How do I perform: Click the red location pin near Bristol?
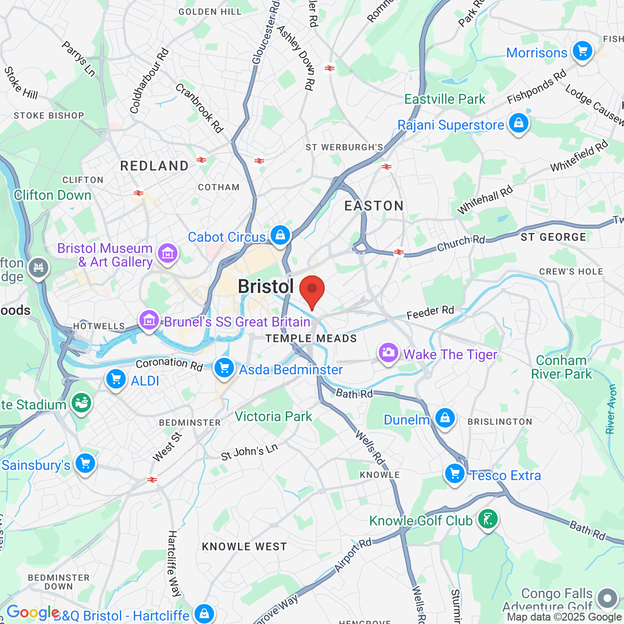pos(312,290)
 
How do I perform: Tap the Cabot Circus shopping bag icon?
pos(280,235)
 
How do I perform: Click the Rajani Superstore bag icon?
pos(519,123)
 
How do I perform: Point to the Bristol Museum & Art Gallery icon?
pos(168,253)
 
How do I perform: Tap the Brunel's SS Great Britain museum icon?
pos(149,320)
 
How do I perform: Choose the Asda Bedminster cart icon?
pos(224,368)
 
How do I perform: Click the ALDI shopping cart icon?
pos(116,379)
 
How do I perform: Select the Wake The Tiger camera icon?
pos(388,352)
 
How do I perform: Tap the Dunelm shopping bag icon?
pos(445,418)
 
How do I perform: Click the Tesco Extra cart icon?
pos(455,473)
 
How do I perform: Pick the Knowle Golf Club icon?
pos(487,519)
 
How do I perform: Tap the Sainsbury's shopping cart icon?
pos(85,464)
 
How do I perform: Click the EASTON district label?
pos(374,206)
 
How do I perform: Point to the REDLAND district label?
pos(155,166)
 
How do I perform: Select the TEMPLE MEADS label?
pos(311,338)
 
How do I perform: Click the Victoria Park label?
pos(273,416)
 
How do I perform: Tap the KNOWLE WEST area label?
pos(244,546)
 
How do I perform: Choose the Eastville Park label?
pos(445,99)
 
